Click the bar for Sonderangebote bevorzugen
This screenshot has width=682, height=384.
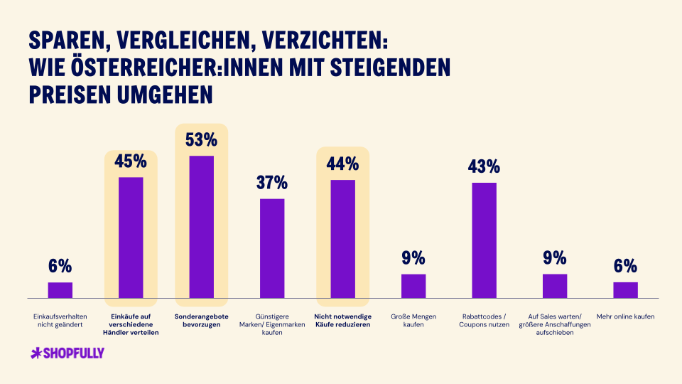pos(201,227)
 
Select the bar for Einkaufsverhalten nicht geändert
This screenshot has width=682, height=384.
pos(60,290)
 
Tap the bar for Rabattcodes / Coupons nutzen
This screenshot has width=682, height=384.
pos(484,240)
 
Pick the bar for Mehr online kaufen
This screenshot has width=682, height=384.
pos(625,290)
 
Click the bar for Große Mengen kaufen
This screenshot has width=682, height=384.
pos(413,286)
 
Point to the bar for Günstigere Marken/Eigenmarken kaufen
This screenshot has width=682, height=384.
pos(272,249)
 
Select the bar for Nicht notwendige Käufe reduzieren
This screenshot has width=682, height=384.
pos(342,239)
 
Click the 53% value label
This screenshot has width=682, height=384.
pos(201,140)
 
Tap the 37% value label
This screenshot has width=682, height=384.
pos(272,183)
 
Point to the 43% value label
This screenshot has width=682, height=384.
pos(484,166)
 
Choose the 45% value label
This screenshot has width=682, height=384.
pos(131,161)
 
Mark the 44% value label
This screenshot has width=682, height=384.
pos(342,164)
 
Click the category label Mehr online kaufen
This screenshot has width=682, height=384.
pos(625,316)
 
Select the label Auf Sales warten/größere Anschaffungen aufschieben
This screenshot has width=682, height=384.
pos(555,324)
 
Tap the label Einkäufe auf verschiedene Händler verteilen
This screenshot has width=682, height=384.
pos(131,324)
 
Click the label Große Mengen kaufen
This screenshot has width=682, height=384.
pos(413,321)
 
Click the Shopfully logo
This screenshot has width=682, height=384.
pos(67,353)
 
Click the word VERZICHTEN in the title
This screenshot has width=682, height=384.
pos(325,41)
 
